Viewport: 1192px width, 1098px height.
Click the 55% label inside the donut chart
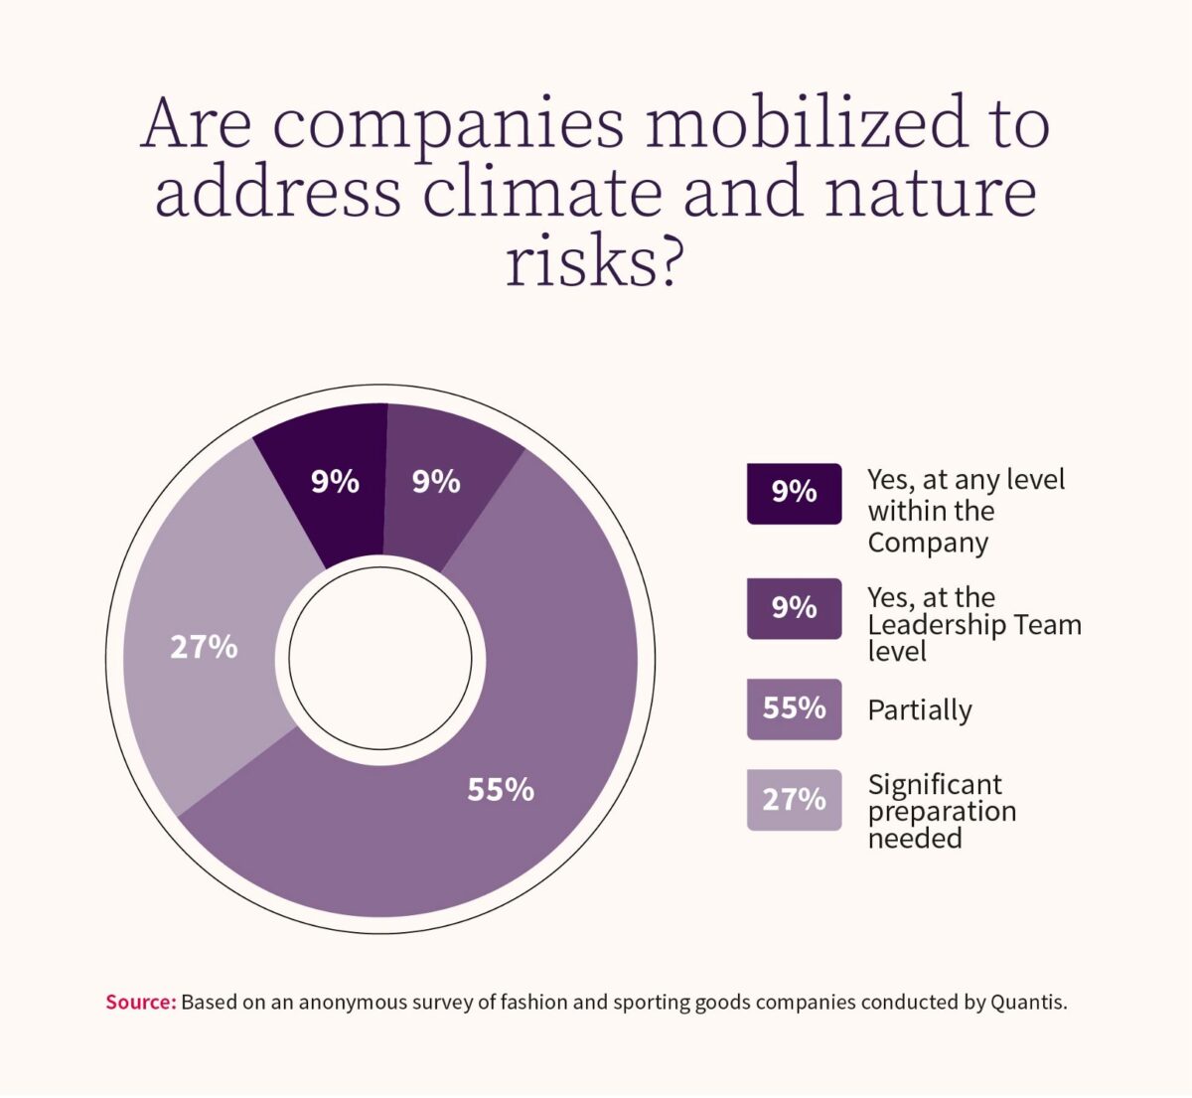(501, 790)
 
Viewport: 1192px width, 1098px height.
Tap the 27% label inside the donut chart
(204, 648)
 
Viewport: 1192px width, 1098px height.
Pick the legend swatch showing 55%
(794, 708)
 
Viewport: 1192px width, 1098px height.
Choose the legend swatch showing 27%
(794, 799)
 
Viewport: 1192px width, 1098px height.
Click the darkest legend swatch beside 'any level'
(794, 493)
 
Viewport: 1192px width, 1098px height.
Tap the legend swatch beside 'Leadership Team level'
(794, 607)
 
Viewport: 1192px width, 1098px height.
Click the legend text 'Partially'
(920, 710)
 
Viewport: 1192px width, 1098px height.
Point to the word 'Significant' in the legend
(935, 784)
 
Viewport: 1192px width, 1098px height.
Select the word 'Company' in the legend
(928, 543)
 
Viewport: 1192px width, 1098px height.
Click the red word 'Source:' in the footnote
(140, 1002)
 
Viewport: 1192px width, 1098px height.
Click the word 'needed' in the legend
(915, 838)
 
